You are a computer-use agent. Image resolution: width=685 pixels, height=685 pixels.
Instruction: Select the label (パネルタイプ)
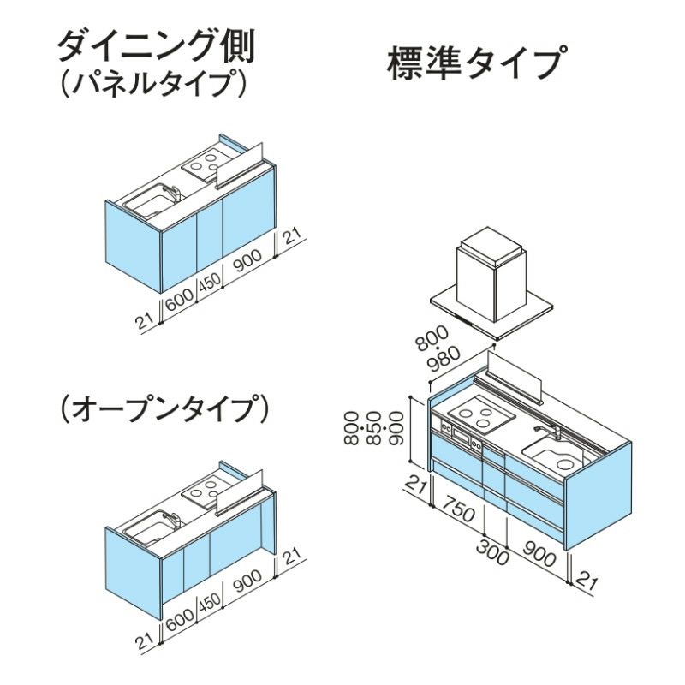pyautogui.click(x=153, y=83)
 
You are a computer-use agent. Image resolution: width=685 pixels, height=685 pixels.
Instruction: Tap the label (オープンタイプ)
pyautogui.click(x=164, y=409)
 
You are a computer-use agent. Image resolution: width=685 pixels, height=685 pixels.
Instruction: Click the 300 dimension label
pyautogui.click(x=493, y=551)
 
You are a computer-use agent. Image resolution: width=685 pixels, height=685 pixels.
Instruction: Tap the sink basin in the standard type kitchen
pyautogui.click(x=556, y=457)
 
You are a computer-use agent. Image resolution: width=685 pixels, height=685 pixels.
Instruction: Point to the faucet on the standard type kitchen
pyautogui.click(x=547, y=432)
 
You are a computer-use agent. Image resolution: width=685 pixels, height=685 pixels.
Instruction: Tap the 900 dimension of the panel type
pyautogui.click(x=247, y=260)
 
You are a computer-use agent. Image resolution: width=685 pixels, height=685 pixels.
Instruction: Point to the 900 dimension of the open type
pyautogui.click(x=247, y=581)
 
